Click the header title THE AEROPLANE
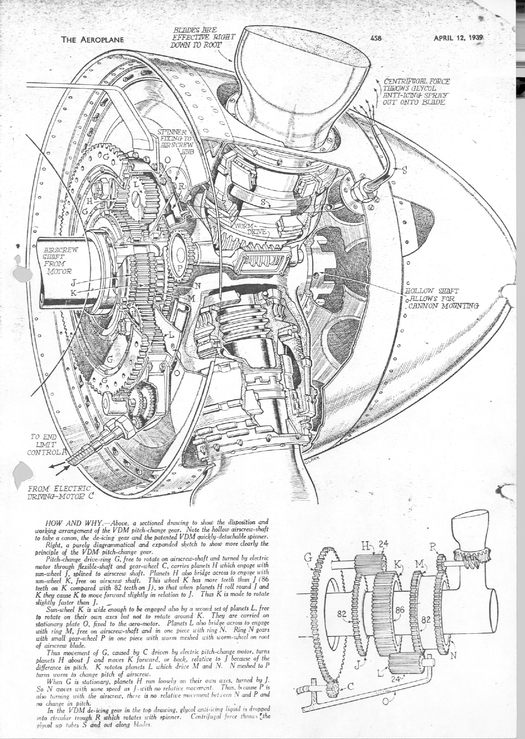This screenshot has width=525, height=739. (x=92, y=40)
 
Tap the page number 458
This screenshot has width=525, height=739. (x=376, y=38)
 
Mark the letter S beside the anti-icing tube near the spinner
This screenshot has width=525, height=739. (x=404, y=170)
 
